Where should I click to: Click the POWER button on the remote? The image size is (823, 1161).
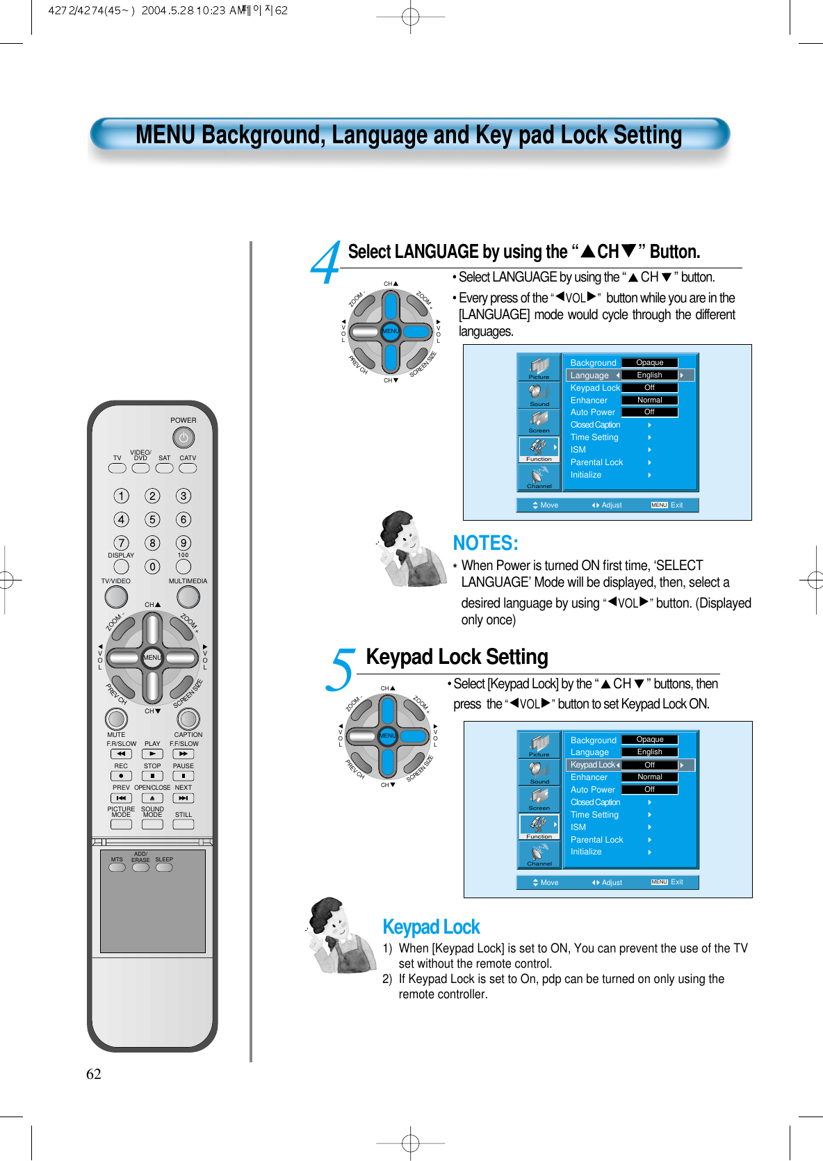(x=184, y=438)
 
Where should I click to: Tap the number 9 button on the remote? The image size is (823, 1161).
(x=184, y=543)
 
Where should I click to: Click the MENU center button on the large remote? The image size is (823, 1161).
(x=152, y=658)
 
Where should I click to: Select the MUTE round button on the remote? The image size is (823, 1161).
(x=116, y=719)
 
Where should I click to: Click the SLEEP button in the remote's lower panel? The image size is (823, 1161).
(x=164, y=868)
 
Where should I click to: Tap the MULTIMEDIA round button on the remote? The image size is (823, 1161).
(x=188, y=596)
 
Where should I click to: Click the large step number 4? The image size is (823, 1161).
(x=325, y=263)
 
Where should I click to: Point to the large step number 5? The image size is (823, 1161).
(x=341, y=669)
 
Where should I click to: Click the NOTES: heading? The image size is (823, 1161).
(x=485, y=543)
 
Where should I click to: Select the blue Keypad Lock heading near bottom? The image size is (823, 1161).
(x=431, y=927)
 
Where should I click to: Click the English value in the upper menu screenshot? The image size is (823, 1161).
(x=649, y=375)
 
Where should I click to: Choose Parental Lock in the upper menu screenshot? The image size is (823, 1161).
(x=596, y=462)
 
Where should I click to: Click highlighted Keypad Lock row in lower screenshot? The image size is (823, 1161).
(x=593, y=765)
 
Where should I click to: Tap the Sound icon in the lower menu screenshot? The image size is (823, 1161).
(x=539, y=772)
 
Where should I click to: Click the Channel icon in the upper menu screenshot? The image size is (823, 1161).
(x=539, y=477)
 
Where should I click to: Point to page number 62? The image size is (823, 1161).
(x=94, y=1074)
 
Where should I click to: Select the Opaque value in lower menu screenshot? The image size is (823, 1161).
(x=649, y=740)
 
